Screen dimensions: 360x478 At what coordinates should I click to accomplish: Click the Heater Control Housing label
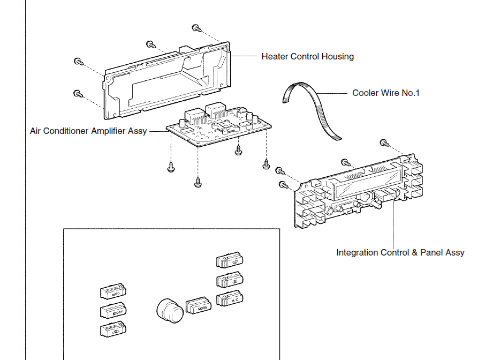(307, 57)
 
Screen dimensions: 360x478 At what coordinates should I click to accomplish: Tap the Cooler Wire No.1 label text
(385, 93)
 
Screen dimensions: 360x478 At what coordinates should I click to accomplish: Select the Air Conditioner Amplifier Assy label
(88, 131)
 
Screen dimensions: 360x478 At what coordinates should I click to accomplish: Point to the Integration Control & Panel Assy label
(400, 252)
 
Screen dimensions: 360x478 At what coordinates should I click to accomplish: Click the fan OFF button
(113, 311)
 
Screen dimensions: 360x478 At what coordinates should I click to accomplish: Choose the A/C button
(231, 299)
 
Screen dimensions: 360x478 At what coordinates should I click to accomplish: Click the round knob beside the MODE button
(170, 311)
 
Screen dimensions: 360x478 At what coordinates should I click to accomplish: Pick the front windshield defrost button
(230, 261)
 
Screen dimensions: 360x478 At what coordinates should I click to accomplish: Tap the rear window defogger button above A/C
(230, 280)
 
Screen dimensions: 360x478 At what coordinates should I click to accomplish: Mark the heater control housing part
(166, 80)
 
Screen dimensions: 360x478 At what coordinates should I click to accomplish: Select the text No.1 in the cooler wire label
(411, 93)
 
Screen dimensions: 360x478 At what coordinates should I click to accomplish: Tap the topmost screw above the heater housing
(196, 27)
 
